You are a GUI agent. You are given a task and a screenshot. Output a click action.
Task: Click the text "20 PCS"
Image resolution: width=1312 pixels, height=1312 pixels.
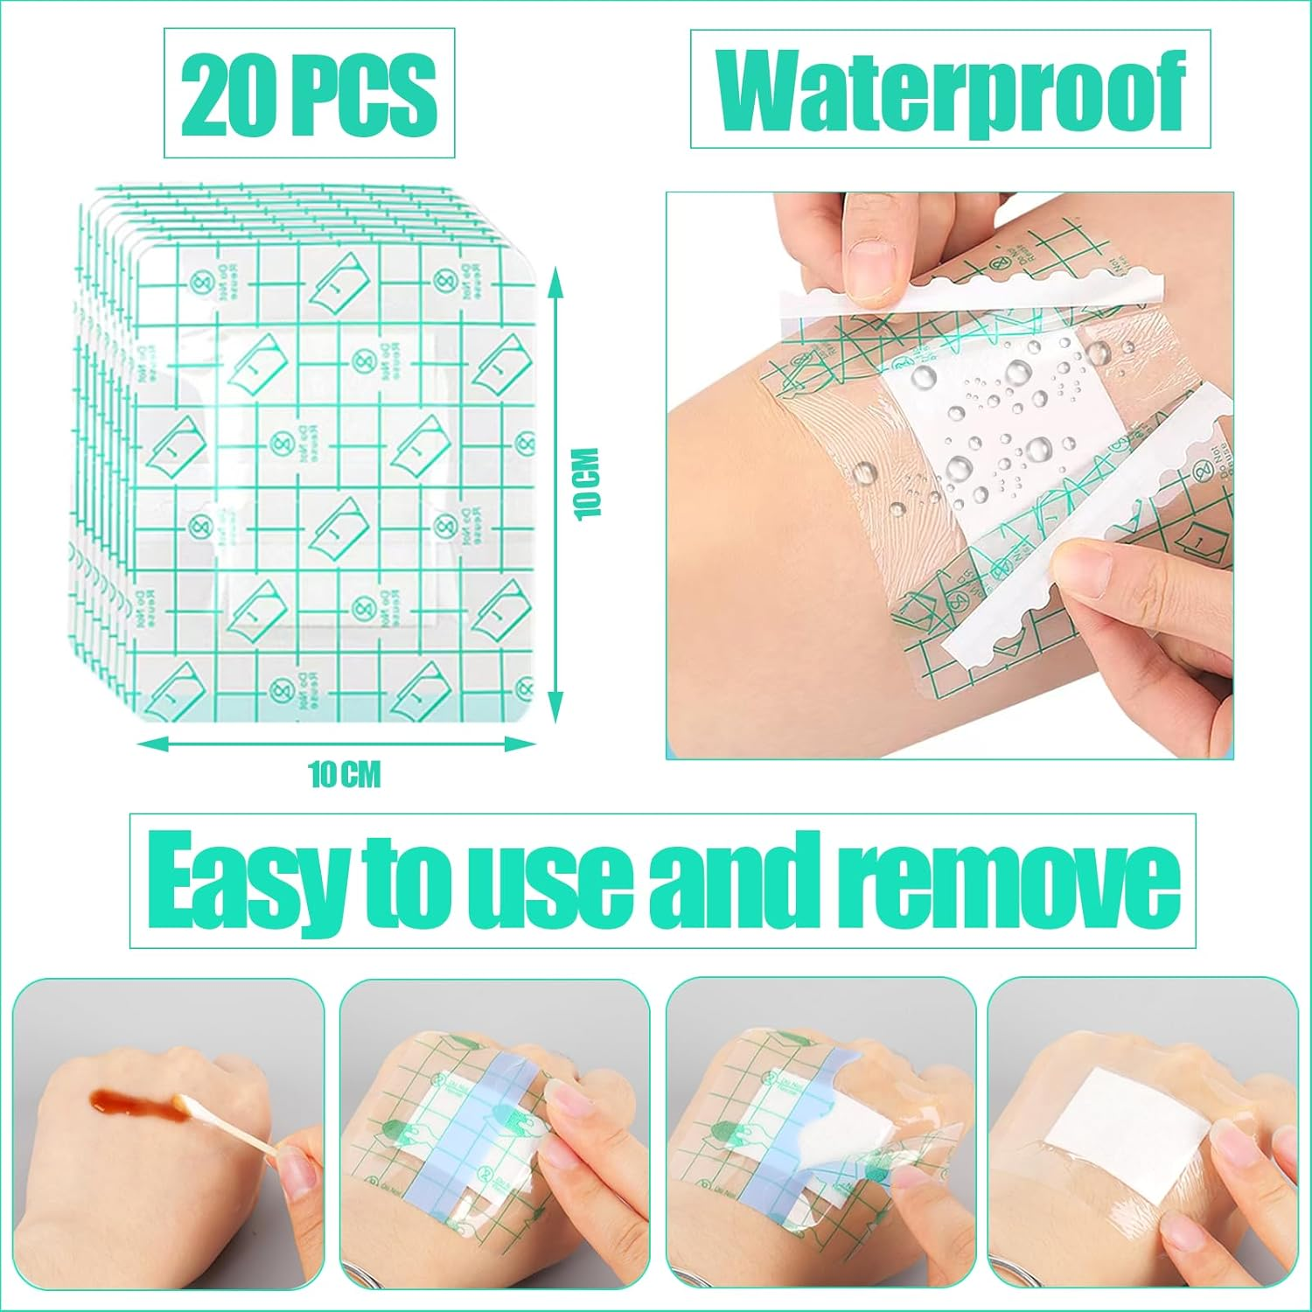coord(309,93)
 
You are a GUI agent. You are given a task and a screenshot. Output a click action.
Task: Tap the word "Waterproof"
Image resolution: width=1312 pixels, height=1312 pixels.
coord(951,90)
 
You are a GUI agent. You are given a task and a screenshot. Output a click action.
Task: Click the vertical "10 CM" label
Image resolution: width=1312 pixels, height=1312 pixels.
coord(589,483)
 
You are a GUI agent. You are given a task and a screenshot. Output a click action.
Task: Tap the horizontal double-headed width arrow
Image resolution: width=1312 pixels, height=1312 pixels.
coord(337,744)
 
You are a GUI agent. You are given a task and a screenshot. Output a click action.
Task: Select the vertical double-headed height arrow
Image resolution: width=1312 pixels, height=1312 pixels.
coord(554,494)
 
